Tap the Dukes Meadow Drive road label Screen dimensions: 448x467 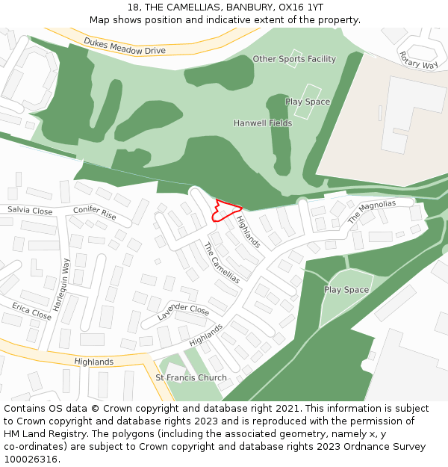coord(125,46)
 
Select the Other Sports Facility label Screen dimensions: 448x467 coord(294,59)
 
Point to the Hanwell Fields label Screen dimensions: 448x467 coord(263,123)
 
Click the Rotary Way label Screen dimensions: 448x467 coord(418,60)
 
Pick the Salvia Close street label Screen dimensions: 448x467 coord(31,211)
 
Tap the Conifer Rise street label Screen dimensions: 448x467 coord(95,214)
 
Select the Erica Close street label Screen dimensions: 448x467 coord(31,312)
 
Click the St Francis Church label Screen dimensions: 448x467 coord(190,378)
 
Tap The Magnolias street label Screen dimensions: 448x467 coord(372,212)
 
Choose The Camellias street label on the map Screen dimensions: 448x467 coord(222,263)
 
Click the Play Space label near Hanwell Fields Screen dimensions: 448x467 coord(308,102)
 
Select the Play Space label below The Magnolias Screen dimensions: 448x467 coord(346,290)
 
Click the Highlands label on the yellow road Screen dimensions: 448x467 coord(94,362)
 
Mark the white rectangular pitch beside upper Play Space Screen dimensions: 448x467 coord(302,107)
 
